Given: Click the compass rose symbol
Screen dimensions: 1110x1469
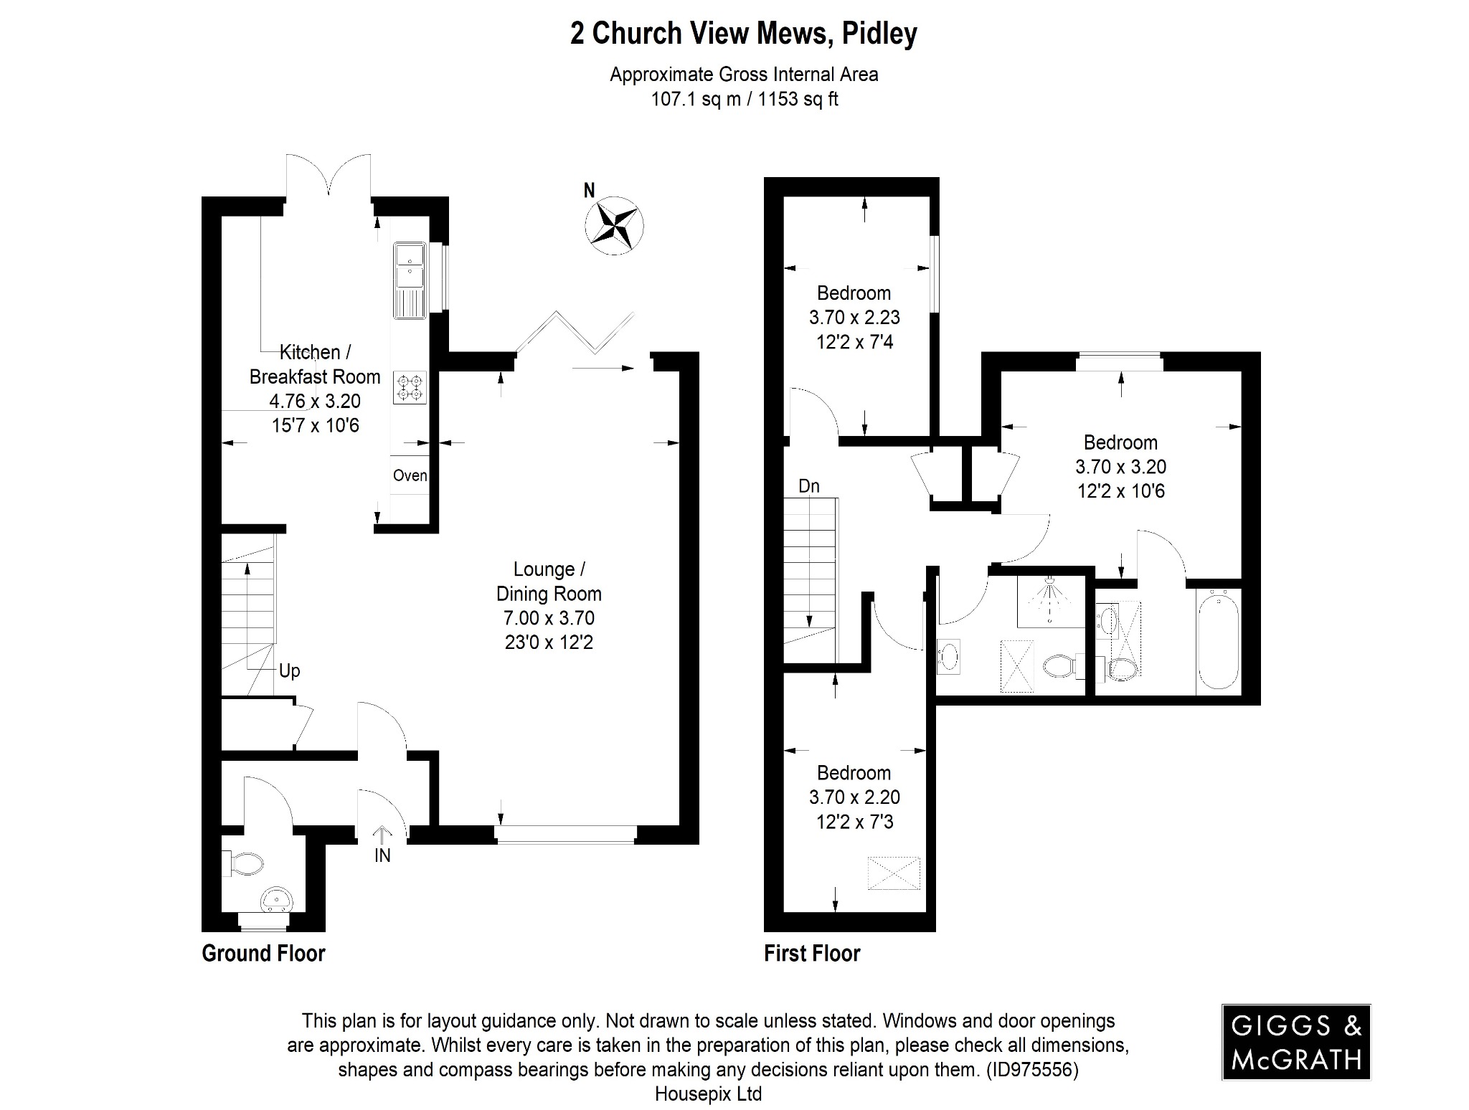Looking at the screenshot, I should pos(614,225).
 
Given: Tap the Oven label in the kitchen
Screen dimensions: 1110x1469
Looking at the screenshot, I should pos(410,475).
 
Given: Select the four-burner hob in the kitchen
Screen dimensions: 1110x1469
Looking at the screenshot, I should pos(410,387).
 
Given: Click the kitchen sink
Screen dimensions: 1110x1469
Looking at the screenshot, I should pos(410,280).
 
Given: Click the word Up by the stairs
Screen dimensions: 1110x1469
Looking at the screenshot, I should pos(289,670).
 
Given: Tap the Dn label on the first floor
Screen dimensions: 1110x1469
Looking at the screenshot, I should pos(809,486).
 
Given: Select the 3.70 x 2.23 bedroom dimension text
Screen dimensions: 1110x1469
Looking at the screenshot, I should pos(854,317).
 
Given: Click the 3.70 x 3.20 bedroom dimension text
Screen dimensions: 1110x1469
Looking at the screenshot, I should pos(1120,467).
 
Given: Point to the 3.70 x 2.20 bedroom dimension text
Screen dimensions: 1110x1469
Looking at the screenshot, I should pos(854,797).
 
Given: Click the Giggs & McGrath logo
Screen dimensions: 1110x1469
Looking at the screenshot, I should pos(1296,1042).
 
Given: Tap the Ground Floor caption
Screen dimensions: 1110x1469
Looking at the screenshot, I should pos(263,953).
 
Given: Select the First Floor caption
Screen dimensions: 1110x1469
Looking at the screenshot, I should pos(812,953).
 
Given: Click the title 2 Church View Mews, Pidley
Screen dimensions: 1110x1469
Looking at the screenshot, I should pos(743,34).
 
